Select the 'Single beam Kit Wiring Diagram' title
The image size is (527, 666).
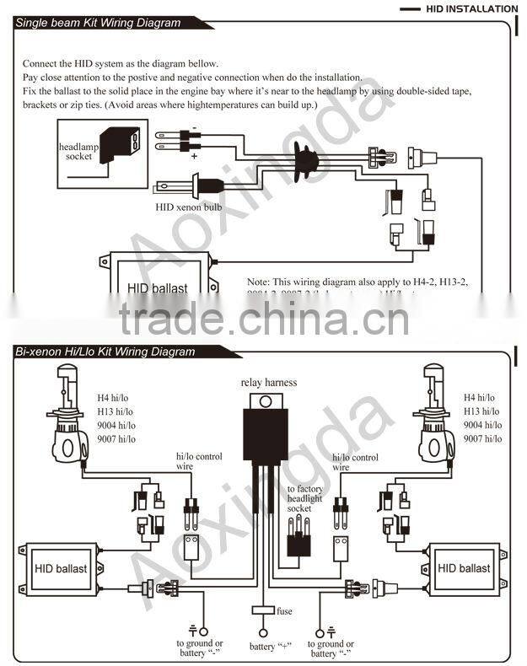(x=99, y=23)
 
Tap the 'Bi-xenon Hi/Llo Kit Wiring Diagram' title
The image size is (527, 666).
(x=105, y=352)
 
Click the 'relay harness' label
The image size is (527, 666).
(x=269, y=382)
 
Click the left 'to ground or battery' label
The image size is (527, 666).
(x=200, y=648)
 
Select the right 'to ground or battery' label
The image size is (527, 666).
(x=334, y=648)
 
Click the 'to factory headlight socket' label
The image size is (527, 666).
(x=304, y=499)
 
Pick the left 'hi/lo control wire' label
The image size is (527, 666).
(x=199, y=460)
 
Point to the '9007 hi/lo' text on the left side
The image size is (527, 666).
(x=116, y=438)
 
